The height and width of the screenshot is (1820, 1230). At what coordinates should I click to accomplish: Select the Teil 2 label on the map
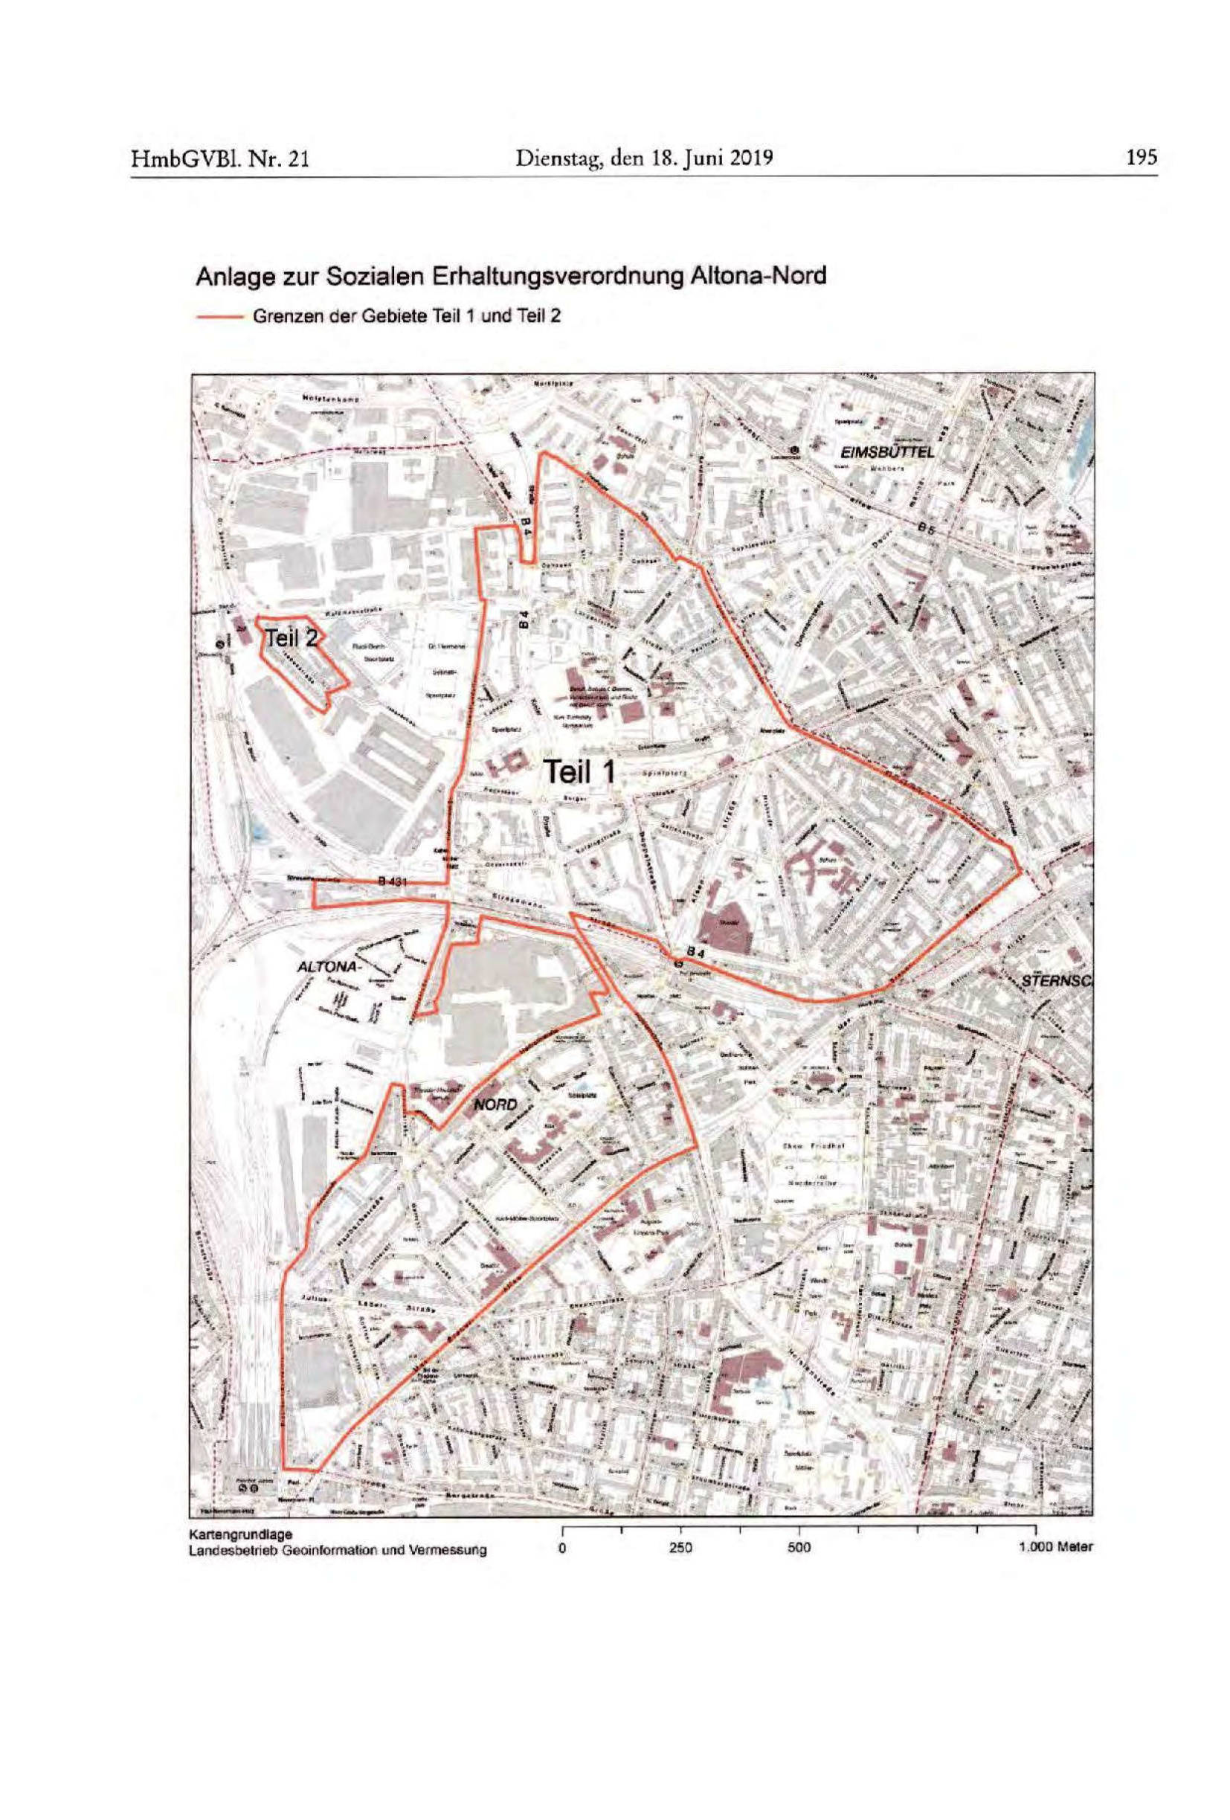click(291, 637)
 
